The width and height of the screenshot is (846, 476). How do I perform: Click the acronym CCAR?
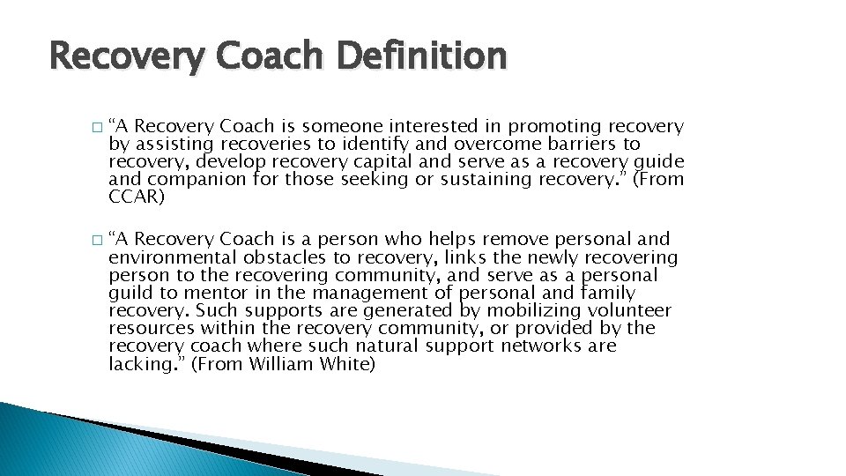[x=137, y=197]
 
